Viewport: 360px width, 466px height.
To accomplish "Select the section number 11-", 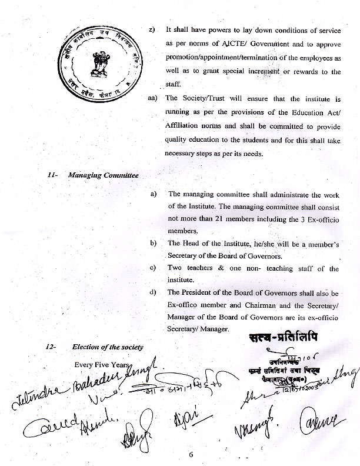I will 51,175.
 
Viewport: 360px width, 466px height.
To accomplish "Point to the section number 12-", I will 51,347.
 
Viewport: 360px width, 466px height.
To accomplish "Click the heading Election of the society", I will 108,347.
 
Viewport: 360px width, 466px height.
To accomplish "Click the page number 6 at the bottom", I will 191,454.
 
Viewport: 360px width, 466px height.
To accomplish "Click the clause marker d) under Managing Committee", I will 154,292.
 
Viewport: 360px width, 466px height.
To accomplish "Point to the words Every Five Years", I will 101,364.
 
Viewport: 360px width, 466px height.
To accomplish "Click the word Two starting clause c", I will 176,269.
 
